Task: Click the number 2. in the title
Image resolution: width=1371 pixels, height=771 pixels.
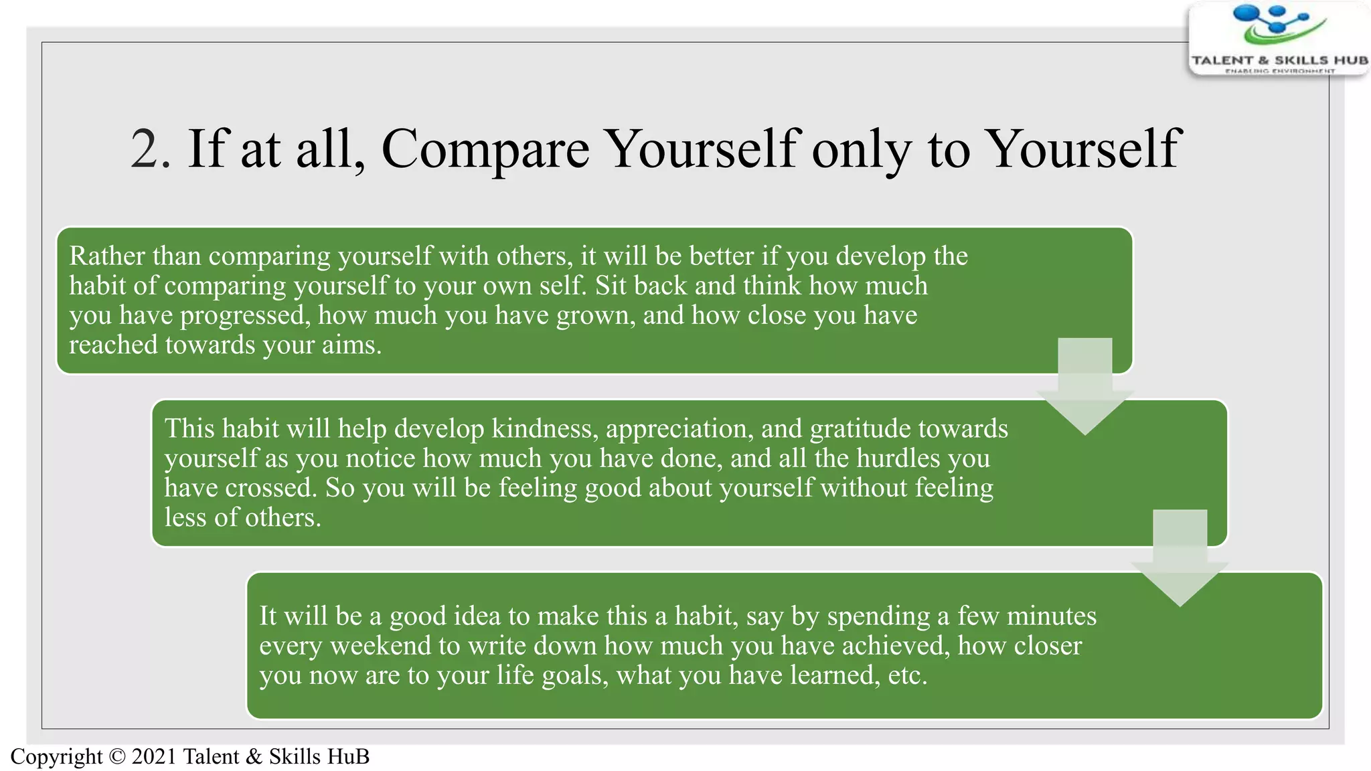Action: (151, 149)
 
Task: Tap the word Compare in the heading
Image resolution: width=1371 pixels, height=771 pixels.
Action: (485, 149)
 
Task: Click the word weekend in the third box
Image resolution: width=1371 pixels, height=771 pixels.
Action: (380, 646)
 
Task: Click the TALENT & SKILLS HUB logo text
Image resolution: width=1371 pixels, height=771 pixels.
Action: (1279, 60)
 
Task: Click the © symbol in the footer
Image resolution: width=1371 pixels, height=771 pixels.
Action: (117, 757)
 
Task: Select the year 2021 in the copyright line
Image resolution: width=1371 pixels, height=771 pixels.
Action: (154, 757)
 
